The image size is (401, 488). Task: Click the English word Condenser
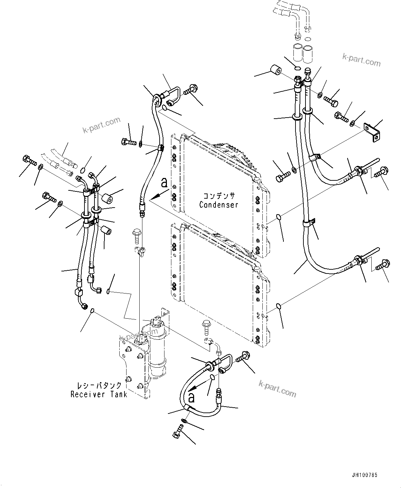coord(219,205)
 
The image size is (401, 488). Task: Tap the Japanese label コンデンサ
coord(219,196)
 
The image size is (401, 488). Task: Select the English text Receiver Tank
coord(99,394)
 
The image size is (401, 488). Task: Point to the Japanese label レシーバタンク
coord(99,385)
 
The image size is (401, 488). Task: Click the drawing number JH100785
coord(365,475)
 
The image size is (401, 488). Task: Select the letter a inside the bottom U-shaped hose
coord(191,398)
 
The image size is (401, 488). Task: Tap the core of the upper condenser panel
coord(219,179)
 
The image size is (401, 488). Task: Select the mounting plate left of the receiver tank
coord(133,366)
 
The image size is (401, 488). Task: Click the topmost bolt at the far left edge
coord(28,160)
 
